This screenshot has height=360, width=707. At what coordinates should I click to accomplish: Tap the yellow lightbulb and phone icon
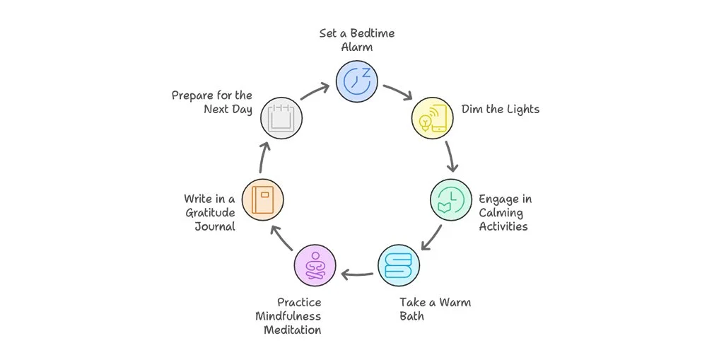[x=432, y=117]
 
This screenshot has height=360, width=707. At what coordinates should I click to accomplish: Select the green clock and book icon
[x=451, y=200]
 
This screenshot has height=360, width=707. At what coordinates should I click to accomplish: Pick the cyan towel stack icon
[x=398, y=265]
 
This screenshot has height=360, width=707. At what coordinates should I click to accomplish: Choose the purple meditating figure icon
[x=315, y=265]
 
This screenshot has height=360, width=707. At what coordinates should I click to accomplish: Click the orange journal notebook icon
[x=262, y=199]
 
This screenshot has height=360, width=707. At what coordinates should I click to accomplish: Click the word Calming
[x=501, y=213]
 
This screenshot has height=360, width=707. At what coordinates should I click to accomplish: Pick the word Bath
[x=412, y=316]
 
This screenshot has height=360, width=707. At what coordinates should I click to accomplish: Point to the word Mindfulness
[x=289, y=316]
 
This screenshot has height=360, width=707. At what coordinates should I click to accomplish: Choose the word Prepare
[x=193, y=95]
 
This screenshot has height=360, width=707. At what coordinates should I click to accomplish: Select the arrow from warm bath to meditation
[x=357, y=273]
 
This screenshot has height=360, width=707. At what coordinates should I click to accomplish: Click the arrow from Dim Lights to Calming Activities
[x=450, y=157]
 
